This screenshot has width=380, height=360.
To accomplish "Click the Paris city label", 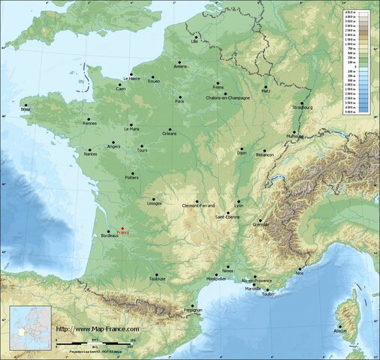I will [x=179, y=100].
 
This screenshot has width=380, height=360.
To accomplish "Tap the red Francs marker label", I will [x=123, y=232].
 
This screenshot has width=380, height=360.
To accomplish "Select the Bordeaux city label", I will [x=109, y=236].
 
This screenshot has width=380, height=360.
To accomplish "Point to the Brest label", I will [x=26, y=109].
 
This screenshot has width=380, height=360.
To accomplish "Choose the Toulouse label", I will [x=157, y=279].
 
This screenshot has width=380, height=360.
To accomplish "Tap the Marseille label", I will [x=253, y=288].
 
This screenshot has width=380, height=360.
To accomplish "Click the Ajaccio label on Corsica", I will [x=341, y=330].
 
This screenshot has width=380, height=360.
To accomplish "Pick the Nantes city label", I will [x=91, y=154].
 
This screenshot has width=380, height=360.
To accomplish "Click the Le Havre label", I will [x=131, y=78].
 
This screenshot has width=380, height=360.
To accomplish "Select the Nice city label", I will [x=300, y=274].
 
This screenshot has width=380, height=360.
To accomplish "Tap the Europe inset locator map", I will [x=30, y=328].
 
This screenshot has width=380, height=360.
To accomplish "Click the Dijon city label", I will [x=241, y=153].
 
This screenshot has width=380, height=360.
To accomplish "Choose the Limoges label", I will [x=155, y=203].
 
